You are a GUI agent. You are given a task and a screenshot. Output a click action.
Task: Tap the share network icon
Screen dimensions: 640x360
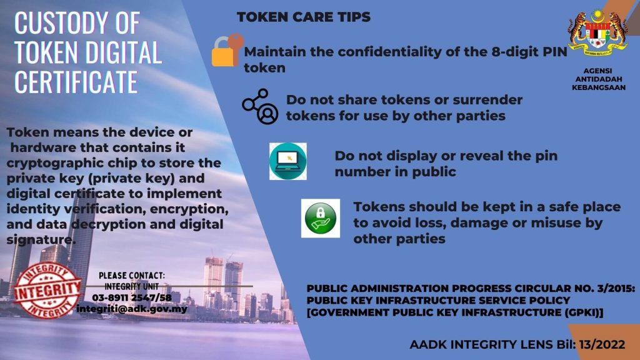pyautogui.click(x=260, y=106)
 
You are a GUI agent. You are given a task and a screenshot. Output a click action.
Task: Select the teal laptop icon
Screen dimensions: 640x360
pyautogui.click(x=287, y=161)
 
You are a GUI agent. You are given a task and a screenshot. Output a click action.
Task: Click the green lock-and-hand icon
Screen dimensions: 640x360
pyautogui.click(x=321, y=218)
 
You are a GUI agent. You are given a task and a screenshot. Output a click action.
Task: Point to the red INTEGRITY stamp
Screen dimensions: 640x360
pyautogui.click(x=47, y=290)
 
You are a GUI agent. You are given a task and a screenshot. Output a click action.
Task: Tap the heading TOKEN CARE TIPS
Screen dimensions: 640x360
pyautogui.click(x=304, y=17)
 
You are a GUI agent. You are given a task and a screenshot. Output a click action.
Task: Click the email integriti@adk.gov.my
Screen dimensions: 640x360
pyautogui.click(x=131, y=309)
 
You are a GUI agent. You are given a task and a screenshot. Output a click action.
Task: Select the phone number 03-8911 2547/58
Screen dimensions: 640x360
pyautogui.click(x=132, y=297)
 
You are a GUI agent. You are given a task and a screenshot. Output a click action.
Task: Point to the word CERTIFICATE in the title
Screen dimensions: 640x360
pyautogui.click(x=76, y=82)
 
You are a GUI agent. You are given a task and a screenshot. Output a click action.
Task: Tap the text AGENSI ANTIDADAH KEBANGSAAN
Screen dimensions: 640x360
pyautogui.click(x=598, y=79)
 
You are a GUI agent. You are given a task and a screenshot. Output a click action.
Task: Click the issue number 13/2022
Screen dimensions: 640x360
pyautogui.click(x=602, y=344)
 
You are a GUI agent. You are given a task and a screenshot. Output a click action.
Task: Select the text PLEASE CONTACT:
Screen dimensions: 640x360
pyautogui.click(x=132, y=276)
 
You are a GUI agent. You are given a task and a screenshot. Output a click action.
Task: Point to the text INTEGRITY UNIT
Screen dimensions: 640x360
pyautogui.click(x=131, y=286)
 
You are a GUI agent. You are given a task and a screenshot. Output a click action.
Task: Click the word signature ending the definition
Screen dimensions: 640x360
pyautogui.click(x=41, y=239)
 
